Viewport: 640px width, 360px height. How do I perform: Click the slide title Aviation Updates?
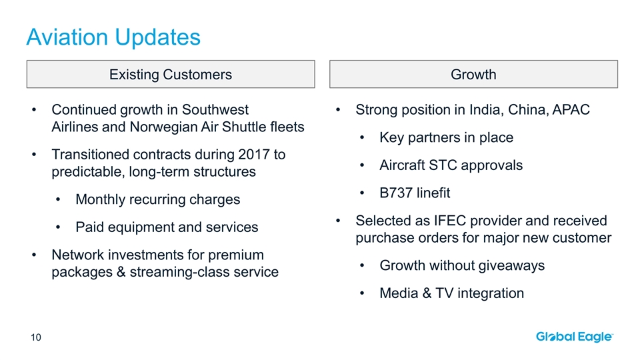(x=113, y=38)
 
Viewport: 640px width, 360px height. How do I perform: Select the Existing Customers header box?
(x=171, y=74)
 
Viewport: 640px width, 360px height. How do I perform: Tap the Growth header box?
(x=473, y=74)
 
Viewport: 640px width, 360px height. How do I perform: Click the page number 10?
(x=36, y=337)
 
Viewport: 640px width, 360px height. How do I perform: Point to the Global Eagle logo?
(x=575, y=337)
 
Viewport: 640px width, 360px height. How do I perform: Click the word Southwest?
(x=215, y=110)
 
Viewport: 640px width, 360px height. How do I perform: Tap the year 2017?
(x=254, y=155)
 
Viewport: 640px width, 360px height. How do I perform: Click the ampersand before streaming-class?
(x=121, y=272)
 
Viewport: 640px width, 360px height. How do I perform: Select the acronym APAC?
(x=571, y=110)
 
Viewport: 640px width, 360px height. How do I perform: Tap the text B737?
(x=396, y=193)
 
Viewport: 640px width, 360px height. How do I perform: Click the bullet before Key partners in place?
(x=362, y=138)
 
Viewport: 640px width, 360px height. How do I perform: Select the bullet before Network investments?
(x=34, y=255)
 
